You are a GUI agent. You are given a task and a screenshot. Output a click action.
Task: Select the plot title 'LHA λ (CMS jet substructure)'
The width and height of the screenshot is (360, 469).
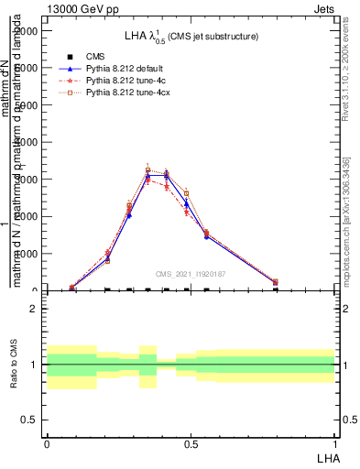[191, 37]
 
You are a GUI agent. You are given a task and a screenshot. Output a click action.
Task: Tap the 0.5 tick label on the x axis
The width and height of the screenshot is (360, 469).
[191, 443]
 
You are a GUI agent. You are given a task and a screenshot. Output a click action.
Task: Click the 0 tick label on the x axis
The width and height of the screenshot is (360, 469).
[47, 443]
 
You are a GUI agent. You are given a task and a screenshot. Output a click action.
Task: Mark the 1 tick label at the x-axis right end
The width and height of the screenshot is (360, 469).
[335, 443]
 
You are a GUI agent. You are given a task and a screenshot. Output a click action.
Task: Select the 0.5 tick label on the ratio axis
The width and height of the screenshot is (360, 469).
[29, 420]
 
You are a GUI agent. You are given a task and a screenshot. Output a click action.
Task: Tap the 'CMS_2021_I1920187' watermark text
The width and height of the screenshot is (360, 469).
[190, 274]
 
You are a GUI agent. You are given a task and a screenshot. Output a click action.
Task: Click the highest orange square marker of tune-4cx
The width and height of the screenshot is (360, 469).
[148, 169]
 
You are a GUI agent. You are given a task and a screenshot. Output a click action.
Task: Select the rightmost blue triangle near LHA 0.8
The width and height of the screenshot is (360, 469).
[276, 283]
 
